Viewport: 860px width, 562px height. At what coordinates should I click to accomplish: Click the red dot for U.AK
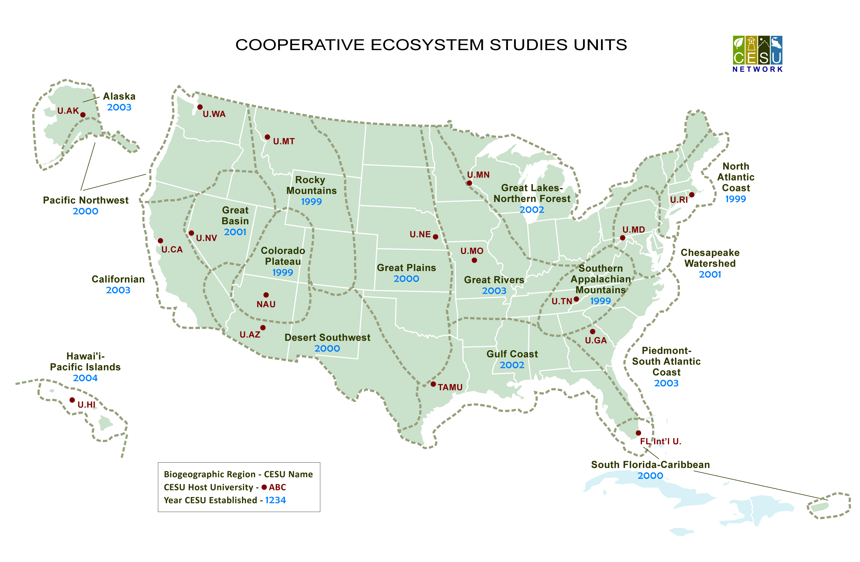pyautogui.click(x=83, y=115)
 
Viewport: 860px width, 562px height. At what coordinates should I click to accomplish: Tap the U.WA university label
pyautogui.click(x=214, y=114)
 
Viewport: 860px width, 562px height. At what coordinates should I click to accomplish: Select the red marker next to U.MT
pyautogui.click(x=267, y=137)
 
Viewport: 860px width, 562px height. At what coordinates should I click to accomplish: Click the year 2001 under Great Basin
pyautogui.click(x=235, y=232)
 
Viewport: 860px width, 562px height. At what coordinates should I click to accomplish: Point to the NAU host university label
pyautogui.click(x=266, y=304)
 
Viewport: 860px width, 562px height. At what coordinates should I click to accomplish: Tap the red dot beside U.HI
pyautogui.click(x=72, y=400)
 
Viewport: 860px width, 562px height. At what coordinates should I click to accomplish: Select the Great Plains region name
pyautogui.click(x=406, y=268)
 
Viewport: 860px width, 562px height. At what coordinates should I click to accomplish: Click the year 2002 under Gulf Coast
pyautogui.click(x=512, y=365)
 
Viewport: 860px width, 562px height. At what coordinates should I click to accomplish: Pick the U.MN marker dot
pyautogui.click(x=469, y=183)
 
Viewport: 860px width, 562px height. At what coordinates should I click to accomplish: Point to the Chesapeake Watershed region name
pyautogui.click(x=710, y=258)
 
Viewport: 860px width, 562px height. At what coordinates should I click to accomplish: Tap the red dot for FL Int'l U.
pyautogui.click(x=639, y=433)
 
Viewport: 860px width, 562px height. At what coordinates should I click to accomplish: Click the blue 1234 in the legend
pyautogui.click(x=275, y=500)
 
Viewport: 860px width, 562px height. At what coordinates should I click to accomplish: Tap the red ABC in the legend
pyautogui.click(x=277, y=487)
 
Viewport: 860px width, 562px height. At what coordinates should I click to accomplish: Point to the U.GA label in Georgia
pyautogui.click(x=595, y=341)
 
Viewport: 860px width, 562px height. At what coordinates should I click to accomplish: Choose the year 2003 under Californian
pyautogui.click(x=118, y=290)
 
